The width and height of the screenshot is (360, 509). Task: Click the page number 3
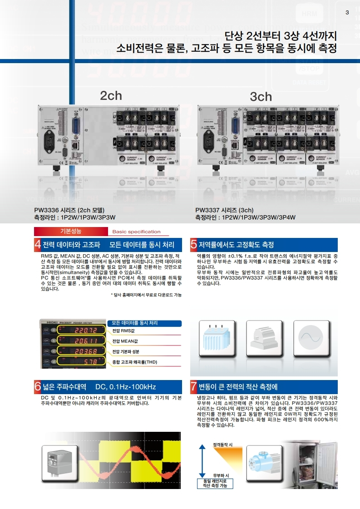pyautogui.click(x=347, y=12)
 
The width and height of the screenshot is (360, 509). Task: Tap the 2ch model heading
pyautogui.click(x=111, y=95)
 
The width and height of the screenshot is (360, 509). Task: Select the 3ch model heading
pyautogui.click(x=261, y=97)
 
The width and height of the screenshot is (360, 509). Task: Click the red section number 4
pyautogui.click(x=38, y=245)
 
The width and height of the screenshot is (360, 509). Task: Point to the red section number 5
pyautogui.click(x=194, y=245)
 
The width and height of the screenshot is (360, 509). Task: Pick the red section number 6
pyautogui.click(x=38, y=387)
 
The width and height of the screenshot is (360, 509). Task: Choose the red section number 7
pyautogui.click(x=194, y=387)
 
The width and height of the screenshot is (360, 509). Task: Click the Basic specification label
pyautogui.click(x=137, y=232)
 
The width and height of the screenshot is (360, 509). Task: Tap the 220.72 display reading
pyautogui.click(x=86, y=330)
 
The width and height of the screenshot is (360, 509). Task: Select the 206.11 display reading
pyautogui.click(x=86, y=341)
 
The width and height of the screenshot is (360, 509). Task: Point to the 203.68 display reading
pyautogui.click(x=86, y=351)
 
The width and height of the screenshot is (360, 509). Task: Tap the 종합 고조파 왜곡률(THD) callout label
pyautogui.click(x=135, y=362)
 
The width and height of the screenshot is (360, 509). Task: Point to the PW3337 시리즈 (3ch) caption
pyautogui.click(x=224, y=210)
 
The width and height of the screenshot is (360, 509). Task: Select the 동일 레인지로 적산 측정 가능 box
pyautogui.click(x=215, y=483)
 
